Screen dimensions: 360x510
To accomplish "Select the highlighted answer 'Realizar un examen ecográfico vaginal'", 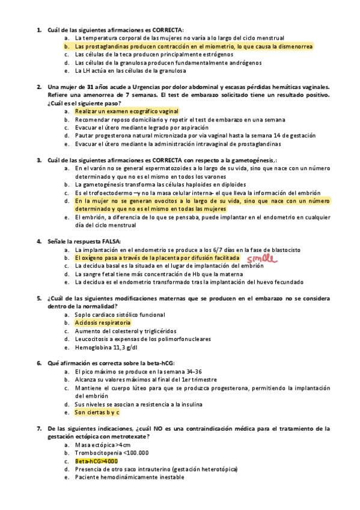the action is tap(118, 111).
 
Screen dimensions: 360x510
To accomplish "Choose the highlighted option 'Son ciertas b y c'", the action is tap(97, 413).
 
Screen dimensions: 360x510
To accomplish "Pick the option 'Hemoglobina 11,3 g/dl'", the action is tap(105, 348).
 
